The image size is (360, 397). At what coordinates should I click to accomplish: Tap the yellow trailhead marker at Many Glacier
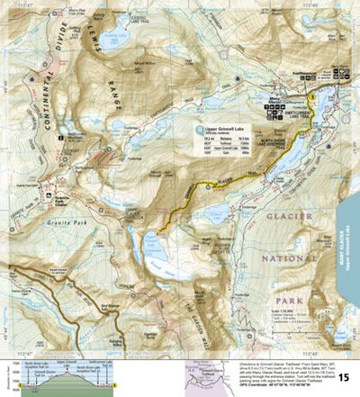(310, 95)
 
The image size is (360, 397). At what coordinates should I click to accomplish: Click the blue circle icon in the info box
(197, 129)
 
